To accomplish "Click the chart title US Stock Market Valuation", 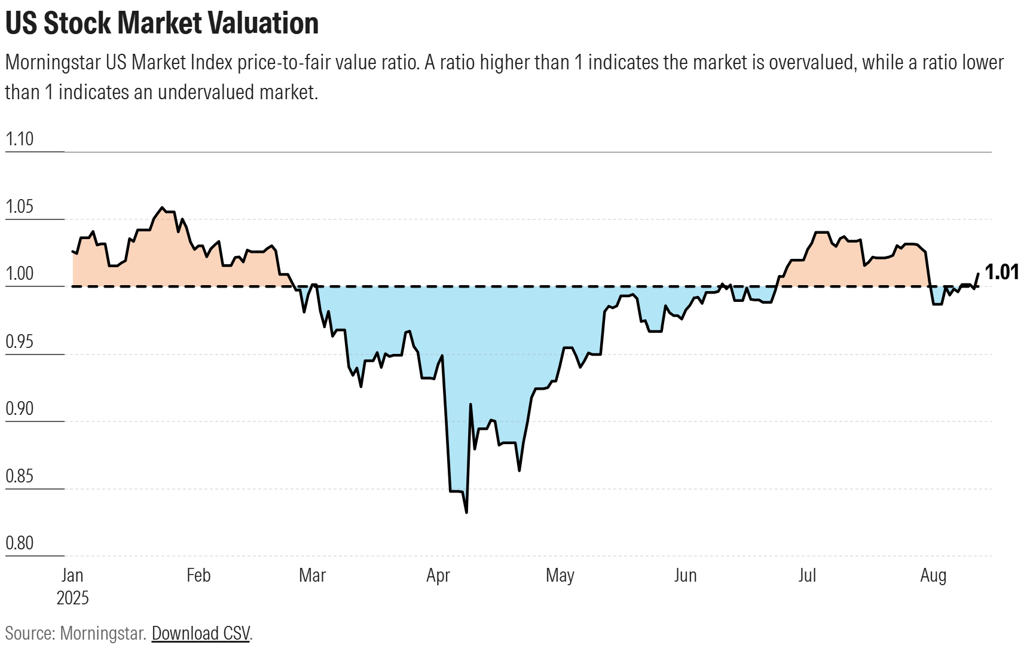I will pos(161,23).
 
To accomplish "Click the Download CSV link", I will pos(200,633).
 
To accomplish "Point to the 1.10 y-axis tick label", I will pos(19,139).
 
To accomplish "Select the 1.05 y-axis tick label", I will pos(19,207).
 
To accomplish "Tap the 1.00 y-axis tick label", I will pos(19,274).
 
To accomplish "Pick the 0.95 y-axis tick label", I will pos(19,342).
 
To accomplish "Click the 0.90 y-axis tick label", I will pos(19,409).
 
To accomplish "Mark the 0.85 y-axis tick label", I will pos(19,476).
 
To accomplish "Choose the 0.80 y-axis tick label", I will pos(19,543).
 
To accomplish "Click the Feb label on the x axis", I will pos(198,575).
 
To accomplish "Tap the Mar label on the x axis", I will pos(312,575).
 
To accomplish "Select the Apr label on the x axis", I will pos(438,575).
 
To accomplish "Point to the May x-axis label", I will pos(560,575).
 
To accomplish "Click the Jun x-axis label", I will pos(685,575).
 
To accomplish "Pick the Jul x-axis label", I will pos(807,575).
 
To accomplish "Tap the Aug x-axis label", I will pos(933,575).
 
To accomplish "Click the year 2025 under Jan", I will pos(72,598).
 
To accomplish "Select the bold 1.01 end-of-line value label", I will pos(1002,273).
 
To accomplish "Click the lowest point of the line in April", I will pos(466,512).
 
